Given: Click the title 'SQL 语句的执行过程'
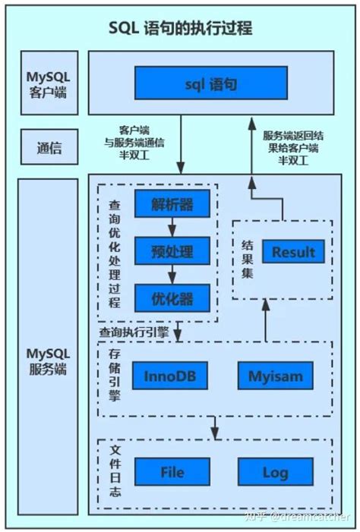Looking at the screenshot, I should pos(180,29).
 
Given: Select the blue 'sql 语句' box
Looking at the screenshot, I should pos(210,83).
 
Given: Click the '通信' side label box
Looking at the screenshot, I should pos(47,149).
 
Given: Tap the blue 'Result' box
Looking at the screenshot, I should pos(293,252).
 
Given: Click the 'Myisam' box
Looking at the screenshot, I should pos(275,375).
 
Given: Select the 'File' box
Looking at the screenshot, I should pos(172,471).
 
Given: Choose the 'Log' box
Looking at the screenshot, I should pos(275,471).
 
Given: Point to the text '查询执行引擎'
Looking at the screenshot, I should pos(134,332).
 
